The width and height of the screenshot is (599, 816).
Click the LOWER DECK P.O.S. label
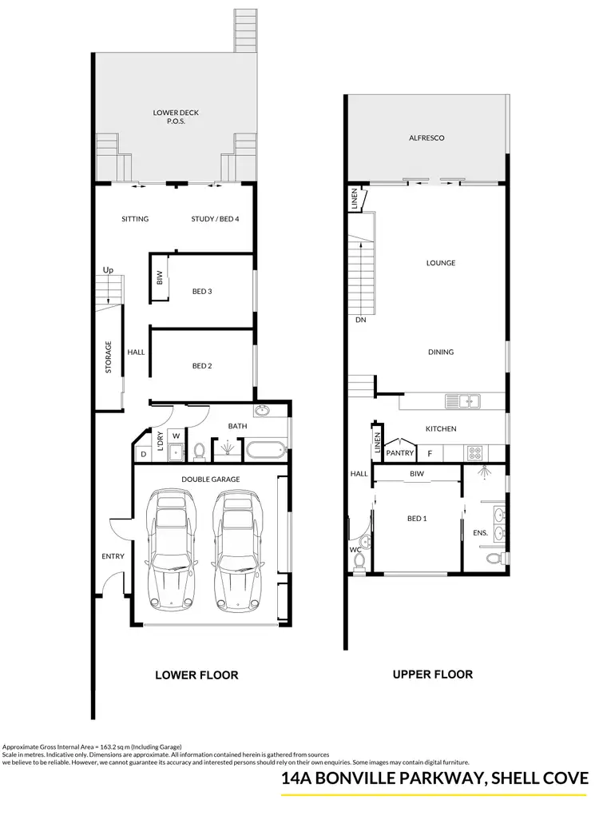[176, 117]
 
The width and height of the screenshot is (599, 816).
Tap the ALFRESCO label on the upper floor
[426, 138]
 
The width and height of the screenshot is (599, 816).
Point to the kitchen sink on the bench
[463, 400]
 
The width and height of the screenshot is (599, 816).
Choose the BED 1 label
[416, 519]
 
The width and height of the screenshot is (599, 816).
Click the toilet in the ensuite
[495, 557]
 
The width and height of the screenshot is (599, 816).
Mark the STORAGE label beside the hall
[109, 357]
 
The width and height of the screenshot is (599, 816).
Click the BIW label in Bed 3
[160, 279]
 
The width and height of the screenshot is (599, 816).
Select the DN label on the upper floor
[361, 320]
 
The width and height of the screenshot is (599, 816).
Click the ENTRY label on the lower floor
[113, 556]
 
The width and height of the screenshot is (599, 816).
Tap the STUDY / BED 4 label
[215, 219]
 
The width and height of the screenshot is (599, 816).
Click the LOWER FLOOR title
[196, 675]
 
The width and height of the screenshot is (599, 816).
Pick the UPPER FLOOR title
[432, 675]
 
